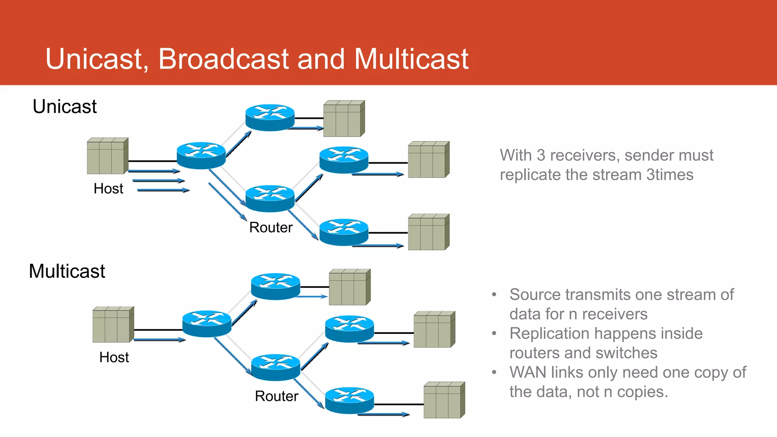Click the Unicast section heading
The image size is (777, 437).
pos(64,107)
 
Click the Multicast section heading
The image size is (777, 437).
pos(67,271)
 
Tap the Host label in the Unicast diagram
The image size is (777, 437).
pos(108,189)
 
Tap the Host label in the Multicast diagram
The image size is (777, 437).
pos(114,357)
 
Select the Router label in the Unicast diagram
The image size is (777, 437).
pos(271,228)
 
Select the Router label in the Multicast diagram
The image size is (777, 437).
pos(276,396)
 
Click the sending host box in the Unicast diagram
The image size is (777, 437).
pos(107,156)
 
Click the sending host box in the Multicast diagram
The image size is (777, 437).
pos(113,325)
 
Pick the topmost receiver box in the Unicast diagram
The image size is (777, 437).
pos(344,119)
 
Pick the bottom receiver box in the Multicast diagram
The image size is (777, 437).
pos(444,400)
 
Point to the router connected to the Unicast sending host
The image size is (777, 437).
pos(201,156)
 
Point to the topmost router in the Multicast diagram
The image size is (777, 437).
pos(275,286)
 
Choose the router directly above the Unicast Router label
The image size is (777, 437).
pos(270,198)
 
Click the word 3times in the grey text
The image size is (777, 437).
pos(670,175)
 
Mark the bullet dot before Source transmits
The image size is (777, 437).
pos(494,295)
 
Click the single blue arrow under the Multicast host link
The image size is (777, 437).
pos(159,340)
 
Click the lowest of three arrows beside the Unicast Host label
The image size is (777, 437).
pos(163,190)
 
